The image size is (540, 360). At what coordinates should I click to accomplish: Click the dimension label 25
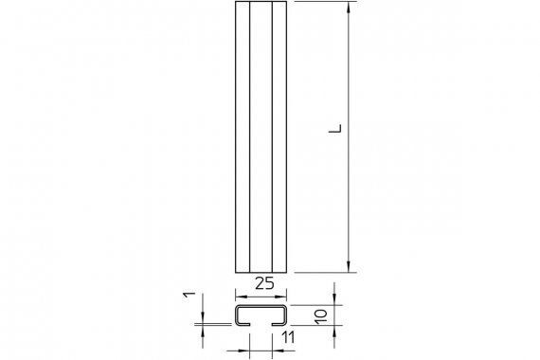pyautogui.click(x=264, y=283)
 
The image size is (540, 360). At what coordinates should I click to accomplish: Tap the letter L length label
pyautogui.click(x=335, y=128)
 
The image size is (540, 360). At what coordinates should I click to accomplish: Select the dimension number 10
pyautogui.click(x=321, y=316)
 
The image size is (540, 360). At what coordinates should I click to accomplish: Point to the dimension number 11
pyautogui.click(x=288, y=337)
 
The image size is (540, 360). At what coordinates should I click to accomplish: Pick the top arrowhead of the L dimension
pyautogui.click(x=349, y=8)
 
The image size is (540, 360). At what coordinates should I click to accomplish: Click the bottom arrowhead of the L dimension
pyautogui.click(x=349, y=266)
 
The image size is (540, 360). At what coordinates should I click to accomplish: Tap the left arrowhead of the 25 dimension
pyautogui.click(x=241, y=297)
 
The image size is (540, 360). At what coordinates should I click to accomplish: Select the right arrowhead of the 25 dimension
pyautogui.click(x=280, y=297)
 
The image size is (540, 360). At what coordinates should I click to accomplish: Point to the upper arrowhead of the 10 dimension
pyautogui.click(x=334, y=299)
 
